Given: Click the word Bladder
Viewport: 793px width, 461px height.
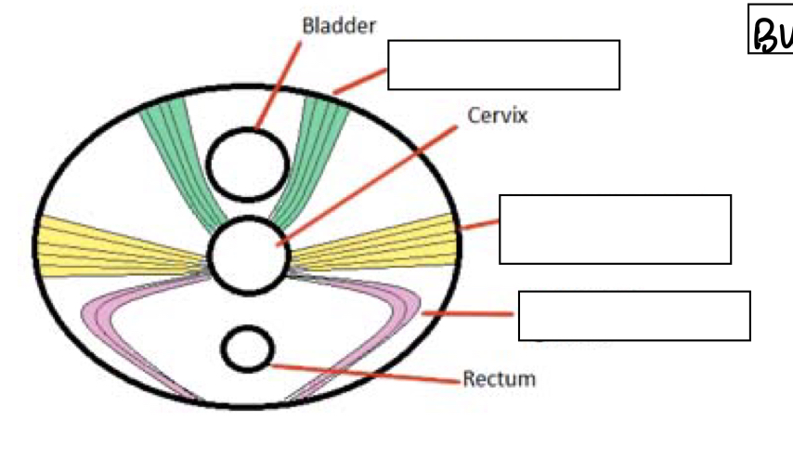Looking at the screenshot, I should pyautogui.click(x=339, y=25).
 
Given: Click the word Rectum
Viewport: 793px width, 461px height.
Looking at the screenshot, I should pyautogui.click(x=499, y=378).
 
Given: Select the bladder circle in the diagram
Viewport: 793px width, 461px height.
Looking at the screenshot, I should pyautogui.click(x=247, y=163).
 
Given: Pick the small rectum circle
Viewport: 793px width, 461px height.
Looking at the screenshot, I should pyautogui.click(x=247, y=349).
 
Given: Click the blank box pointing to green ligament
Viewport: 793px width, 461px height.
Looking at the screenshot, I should pyautogui.click(x=503, y=64).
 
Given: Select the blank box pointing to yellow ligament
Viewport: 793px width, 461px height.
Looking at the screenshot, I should pyautogui.click(x=615, y=230).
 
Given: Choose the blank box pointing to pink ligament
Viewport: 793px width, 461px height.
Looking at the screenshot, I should pyautogui.click(x=633, y=316).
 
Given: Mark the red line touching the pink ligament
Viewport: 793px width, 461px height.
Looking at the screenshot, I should pyautogui.click(x=469, y=315).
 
